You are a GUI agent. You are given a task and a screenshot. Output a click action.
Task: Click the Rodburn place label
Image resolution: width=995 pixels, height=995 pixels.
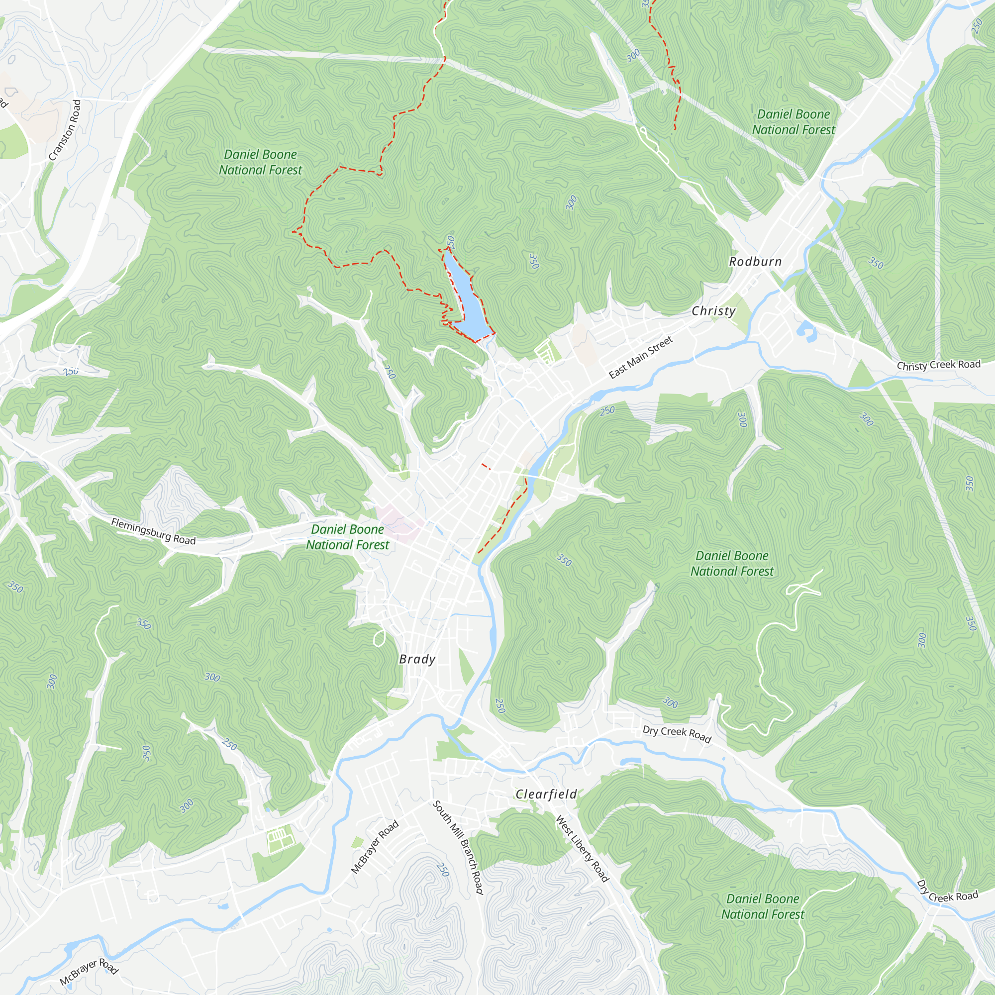click(755, 262)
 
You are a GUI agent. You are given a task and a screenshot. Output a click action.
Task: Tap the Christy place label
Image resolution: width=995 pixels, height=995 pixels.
click(713, 311)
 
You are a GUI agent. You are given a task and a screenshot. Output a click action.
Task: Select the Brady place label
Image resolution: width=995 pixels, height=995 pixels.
click(417, 659)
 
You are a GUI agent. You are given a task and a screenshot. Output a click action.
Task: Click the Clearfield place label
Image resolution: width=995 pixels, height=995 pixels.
click(546, 794)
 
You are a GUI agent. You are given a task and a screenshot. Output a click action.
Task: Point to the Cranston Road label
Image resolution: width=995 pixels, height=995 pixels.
click(65, 130)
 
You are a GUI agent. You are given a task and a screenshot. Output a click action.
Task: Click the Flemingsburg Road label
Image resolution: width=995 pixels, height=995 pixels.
click(153, 531)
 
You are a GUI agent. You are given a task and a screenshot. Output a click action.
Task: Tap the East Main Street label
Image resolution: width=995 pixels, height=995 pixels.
click(641, 357)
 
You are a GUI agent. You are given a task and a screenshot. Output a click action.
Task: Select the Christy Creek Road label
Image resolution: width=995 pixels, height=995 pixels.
click(938, 365)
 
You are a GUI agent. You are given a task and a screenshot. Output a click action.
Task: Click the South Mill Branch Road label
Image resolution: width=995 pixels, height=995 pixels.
click(458, 847)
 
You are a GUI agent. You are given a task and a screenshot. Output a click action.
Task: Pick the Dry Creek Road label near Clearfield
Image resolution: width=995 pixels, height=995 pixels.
click(677, 734)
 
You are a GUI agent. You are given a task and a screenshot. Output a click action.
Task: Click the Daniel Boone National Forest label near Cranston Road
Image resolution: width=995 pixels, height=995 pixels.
click(261, 162)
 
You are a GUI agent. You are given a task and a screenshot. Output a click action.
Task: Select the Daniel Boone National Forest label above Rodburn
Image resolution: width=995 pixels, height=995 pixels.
click(793, 122)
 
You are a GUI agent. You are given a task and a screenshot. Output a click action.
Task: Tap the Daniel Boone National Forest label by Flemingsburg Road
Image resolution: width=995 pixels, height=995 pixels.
click(348, 537)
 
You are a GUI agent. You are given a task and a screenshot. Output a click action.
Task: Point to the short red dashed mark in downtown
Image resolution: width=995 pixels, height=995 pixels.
click(486, 467)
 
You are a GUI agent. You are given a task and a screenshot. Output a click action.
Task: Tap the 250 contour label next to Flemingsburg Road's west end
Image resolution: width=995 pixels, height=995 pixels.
click(71, 371)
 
